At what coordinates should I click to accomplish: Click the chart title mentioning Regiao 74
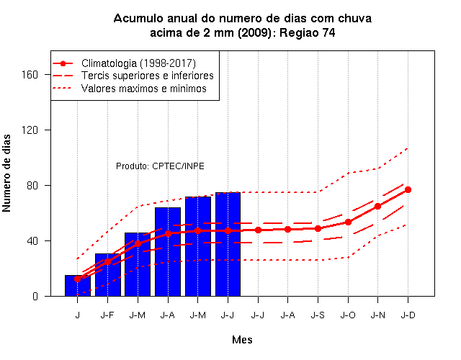coord(243,26)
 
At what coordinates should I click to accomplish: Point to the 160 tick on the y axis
coord(30,75)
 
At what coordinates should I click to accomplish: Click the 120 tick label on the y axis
coord(30,130)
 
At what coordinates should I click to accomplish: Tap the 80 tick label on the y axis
coord(32,186)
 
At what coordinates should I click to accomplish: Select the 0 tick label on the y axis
coord(35,296)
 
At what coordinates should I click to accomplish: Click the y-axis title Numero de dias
coord(6,173)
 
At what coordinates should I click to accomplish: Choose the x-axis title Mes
coord(242,340)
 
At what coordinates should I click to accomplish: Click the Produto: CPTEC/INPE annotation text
coord(160,166)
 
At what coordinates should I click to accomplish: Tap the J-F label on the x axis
coord(107,315)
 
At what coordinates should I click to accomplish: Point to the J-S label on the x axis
coord(318,315)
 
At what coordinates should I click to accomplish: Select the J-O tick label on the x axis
coord(348,315)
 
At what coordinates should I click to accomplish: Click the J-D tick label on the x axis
coord(408,315)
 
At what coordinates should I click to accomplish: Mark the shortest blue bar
coord(78,286)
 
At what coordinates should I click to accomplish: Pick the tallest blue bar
coord(228,244)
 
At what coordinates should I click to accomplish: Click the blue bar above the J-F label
coord(108,275)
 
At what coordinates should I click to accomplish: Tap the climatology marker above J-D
coord(408,190)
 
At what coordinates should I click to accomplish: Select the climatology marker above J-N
coord(377,207)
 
